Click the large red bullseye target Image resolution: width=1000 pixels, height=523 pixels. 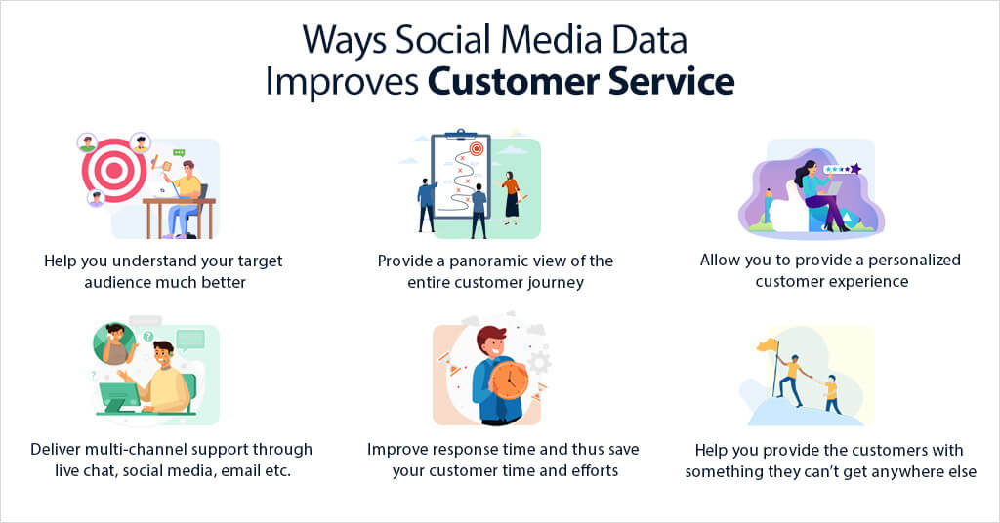[113, 170]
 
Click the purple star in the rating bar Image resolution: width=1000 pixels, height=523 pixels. [855, 169]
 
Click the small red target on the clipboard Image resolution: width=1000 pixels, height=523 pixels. [477, 149]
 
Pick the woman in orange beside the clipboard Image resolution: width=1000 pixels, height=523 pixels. [511, 195]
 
